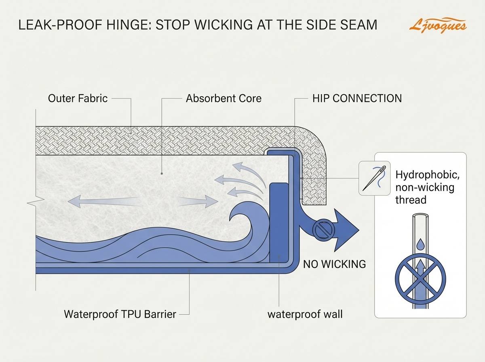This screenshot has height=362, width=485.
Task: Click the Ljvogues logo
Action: tap(438, 26)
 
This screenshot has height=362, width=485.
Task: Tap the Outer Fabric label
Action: tap(78, 98)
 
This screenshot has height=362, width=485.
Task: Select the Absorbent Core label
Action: tap(224, 98)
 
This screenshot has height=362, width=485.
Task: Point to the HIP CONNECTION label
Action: tap(357, 98)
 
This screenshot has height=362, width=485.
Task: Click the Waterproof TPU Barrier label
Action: tap(120, 314)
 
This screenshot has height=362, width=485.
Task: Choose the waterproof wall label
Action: tap(305, 314)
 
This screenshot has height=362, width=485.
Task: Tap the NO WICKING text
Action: tap(334, 264)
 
